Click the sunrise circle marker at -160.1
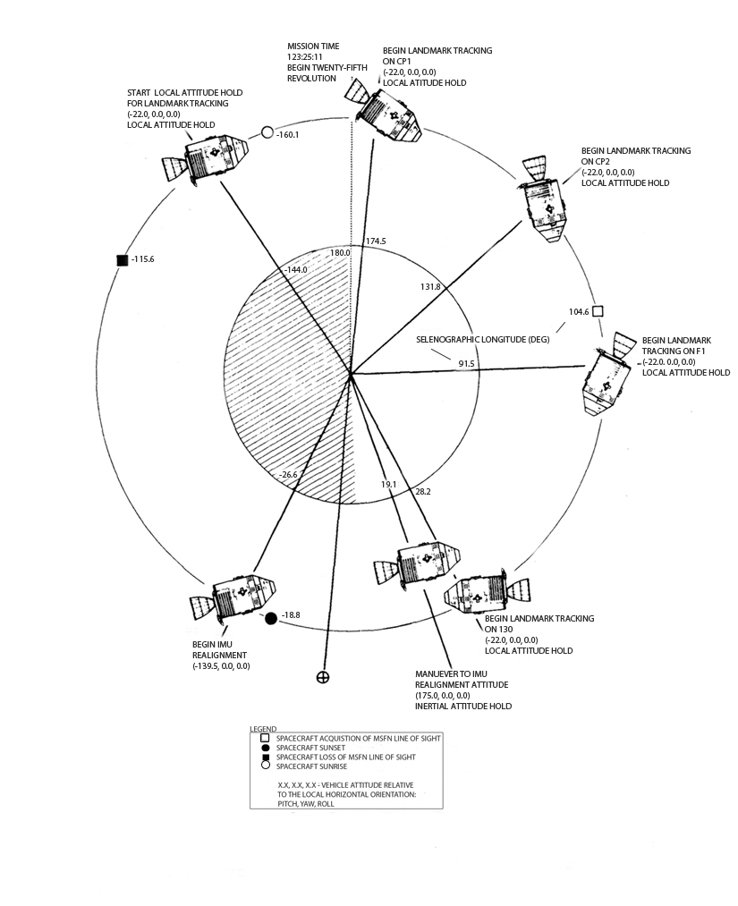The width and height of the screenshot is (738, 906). pyautogui.click(x=267, y=133)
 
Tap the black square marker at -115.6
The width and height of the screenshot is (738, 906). pyautogui.click(x=122, y=260)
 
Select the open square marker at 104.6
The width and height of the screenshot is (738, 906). pyautogui.click(x=598, y=311)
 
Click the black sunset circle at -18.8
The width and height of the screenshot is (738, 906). pyautogui.click(x=271, y=618)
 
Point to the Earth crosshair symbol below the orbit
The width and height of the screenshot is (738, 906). pyautogui.click(x=323, y=677)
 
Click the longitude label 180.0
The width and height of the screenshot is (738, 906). pyautogui.click(x=340, y=253)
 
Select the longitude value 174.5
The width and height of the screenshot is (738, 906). pyautogui.click(x=377, y=241)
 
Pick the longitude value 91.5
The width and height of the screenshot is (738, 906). pyautogui.click(x=466, y=363)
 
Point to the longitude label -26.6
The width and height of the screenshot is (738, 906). pyautogui.click(x=288, y=474)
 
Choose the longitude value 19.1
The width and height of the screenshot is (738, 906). pyautogui.click(x=389, y=483)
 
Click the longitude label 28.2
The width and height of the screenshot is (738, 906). pyautogui.click(x=423, y=491)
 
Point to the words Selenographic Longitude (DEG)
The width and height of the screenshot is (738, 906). pyautogui.click(x=483, y=340)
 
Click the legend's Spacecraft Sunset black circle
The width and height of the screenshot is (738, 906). pyautogui.click(x=266, y=748)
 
